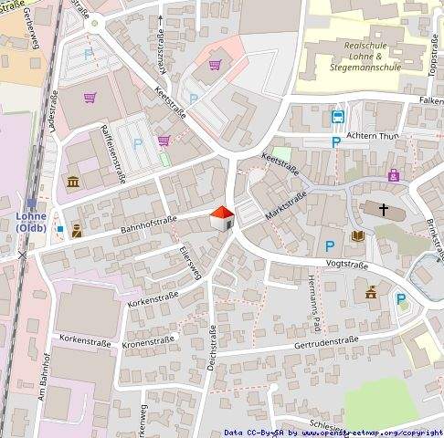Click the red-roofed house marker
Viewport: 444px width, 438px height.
click(x=222, y=219)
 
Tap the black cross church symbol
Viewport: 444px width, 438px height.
click(x=384, y=211)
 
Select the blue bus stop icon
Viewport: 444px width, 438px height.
click(x=337, y=117)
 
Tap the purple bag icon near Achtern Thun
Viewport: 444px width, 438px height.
click(x=393, y=174)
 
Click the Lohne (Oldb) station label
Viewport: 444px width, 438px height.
click(x=31, y=224)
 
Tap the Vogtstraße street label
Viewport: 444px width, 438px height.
click(x=346, y=265)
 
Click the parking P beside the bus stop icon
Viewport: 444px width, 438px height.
click(x=336, y=142)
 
